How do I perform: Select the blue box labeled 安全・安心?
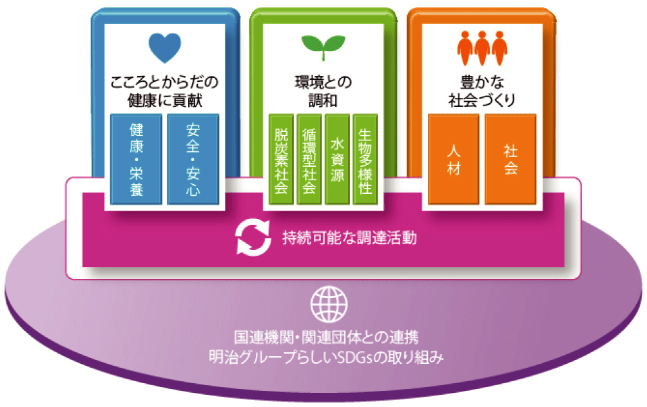tap(192, 159)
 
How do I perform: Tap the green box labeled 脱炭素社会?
tap(280, 160)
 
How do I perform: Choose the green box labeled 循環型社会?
tap(309, 160)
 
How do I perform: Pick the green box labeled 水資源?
tap(337, 160)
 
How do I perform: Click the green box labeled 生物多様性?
tap(365, 160)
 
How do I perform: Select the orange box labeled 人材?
tap(454, 159)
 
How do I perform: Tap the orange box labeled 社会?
tap(510, 159)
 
